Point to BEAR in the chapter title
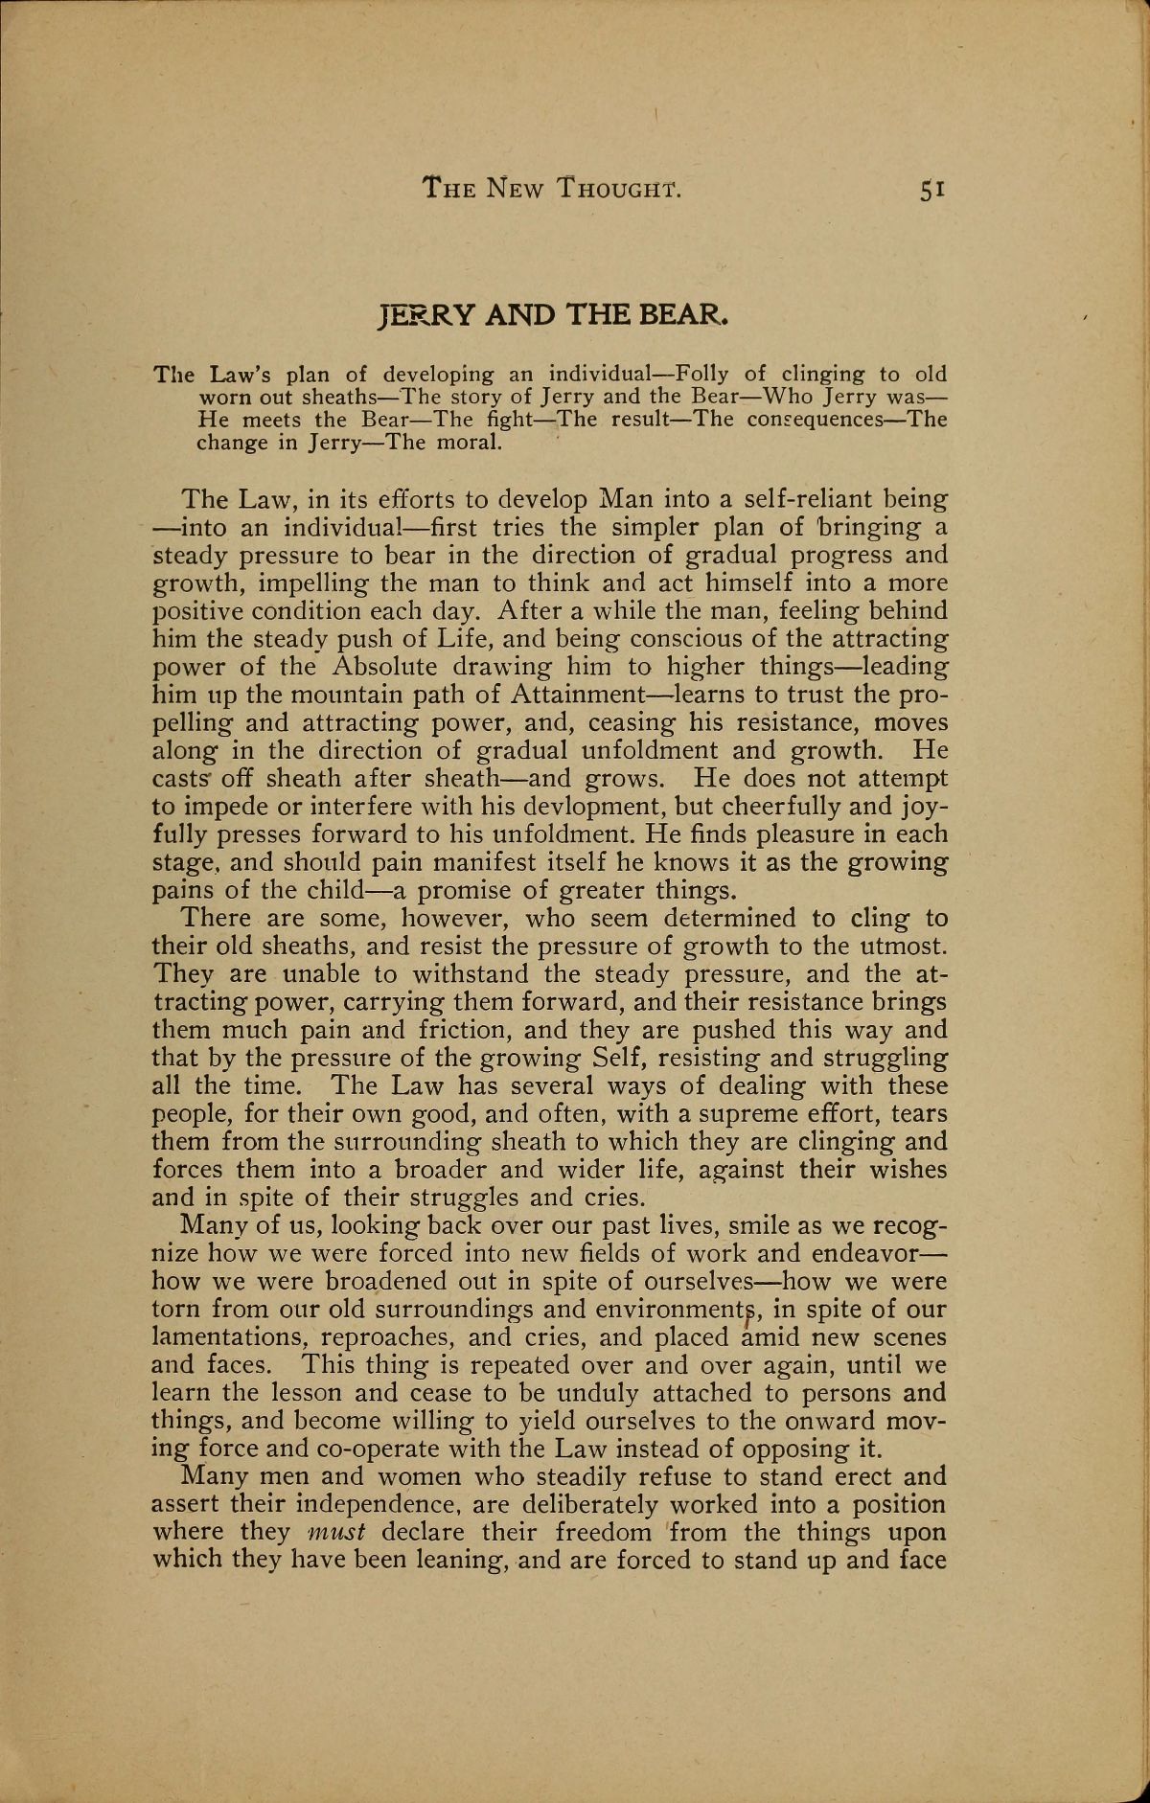pyautogui.click(x=684, y=313)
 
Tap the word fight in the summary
pyautogui.click(x=505, y=420)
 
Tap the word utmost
pyautogui.click(x=899, y=947)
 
